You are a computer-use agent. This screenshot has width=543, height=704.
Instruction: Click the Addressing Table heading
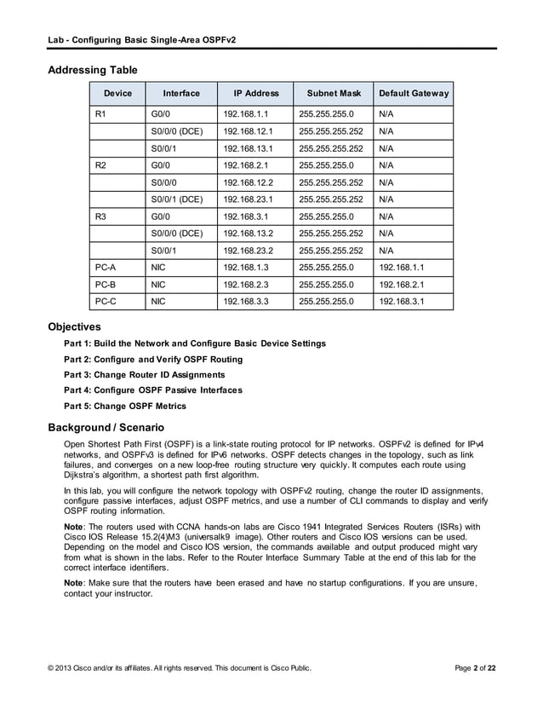click(93, 69)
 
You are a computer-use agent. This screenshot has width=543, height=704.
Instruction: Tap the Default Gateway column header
click(414, 93)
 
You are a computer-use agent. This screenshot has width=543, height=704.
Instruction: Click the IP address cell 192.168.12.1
click(247, 132)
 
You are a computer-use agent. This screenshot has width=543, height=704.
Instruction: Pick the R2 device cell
click(100, 163)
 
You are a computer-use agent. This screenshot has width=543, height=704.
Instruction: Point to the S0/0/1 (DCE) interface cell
click(176, 199)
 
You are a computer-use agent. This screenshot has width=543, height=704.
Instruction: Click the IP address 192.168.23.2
click(247, 251)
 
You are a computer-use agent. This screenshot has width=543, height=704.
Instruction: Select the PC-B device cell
click(105, 284)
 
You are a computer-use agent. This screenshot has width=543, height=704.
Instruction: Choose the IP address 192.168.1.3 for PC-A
click(245, 267)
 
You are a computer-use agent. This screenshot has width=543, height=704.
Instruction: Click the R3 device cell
click(100, 216)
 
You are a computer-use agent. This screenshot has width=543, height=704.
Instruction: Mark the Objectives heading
click(75, 326)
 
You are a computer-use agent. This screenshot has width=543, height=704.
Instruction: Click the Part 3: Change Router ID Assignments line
click(145, 374)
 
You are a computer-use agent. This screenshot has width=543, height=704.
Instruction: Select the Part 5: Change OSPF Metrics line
click(125, 406)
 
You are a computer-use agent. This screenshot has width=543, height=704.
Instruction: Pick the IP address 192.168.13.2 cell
click(247, 233)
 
